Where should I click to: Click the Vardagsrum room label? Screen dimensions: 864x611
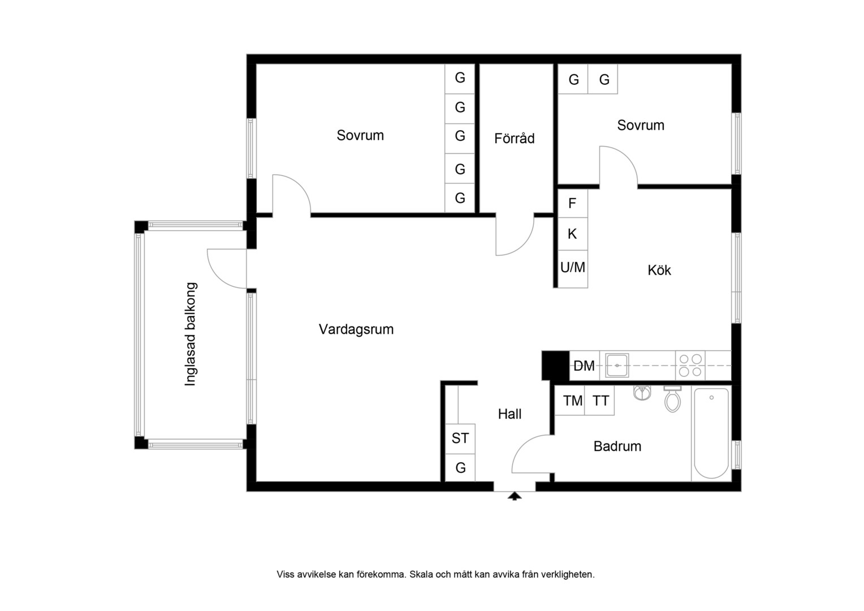(356, 329)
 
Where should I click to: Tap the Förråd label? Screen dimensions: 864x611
(514, 138)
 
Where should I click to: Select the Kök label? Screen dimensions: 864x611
(659, 270)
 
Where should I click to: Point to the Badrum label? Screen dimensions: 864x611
(617, 446)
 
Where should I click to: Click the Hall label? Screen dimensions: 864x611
(509, 414)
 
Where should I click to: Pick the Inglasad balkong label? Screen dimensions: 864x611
(191, 334)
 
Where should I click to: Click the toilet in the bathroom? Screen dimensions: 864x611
(672, 399)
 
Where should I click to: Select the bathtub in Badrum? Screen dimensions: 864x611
(711, 433)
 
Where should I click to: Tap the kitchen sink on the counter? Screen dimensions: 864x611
(617, 365)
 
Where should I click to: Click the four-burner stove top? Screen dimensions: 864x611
(690, 365)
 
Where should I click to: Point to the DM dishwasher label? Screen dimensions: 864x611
(584, 366)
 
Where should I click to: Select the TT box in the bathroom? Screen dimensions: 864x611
(599, 400)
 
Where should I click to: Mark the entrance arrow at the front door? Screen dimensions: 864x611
(514, 496)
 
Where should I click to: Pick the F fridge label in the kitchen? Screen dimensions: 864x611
(572, 203)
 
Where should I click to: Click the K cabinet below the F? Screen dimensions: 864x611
(573, 234)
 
